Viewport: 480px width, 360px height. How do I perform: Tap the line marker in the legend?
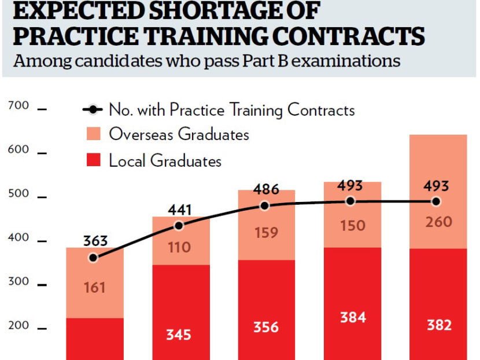point(93,109)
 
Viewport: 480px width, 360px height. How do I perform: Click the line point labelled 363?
point(93,258)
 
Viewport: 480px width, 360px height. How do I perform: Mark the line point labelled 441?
point(179,226)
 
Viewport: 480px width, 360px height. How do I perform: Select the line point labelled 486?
point(265,205)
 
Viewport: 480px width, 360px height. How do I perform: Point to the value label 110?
point(179,248)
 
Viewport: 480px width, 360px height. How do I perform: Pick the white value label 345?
point(179,335)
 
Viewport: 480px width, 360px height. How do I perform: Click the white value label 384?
point(350,317)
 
